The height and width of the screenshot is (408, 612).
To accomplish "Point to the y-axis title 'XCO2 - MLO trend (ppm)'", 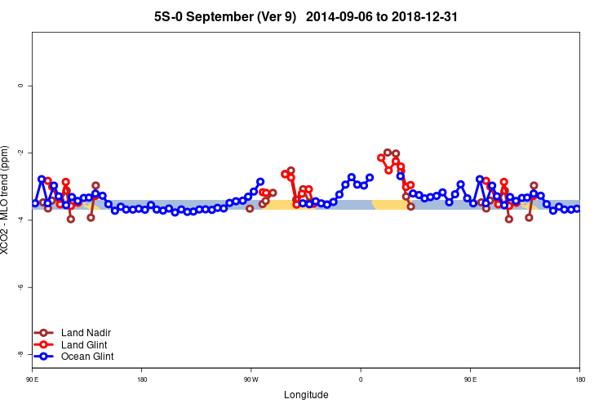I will coord(7,201).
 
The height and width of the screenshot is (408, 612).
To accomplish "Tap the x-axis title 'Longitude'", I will coord(306,395).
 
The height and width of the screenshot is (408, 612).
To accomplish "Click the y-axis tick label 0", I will coord(21,86).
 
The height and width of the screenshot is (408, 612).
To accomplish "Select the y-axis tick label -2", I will coord(21,153).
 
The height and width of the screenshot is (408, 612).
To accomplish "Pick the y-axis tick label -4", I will coord(21,220).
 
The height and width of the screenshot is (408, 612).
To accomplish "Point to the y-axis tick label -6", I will coord(21,286).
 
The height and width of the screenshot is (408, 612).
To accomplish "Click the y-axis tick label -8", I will coord(21,353).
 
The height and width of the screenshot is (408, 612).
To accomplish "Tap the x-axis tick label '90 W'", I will coord(251,379).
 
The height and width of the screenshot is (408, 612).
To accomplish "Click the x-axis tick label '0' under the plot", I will coord(361,379).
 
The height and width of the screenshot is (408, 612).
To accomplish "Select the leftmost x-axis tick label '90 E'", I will coord(32,379).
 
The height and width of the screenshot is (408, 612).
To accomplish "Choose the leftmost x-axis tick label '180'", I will coord(142,379).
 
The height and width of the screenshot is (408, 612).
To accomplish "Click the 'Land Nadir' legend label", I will coord(86,333).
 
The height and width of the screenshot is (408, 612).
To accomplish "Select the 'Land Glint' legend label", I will coord(85,344).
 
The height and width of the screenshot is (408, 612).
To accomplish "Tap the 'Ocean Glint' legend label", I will coord(88,357).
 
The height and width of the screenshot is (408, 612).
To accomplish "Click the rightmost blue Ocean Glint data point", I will coord(577,209).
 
